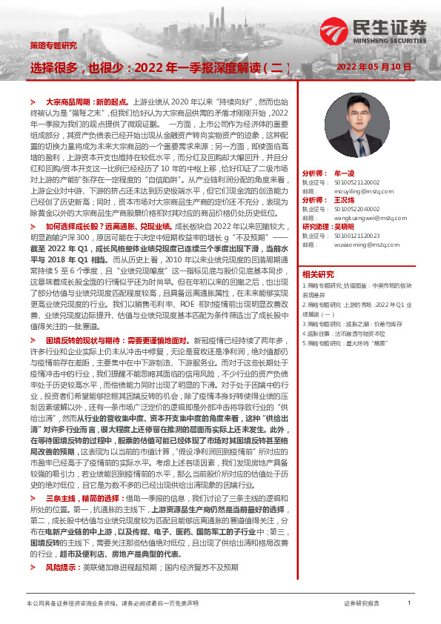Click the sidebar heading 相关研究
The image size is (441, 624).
[x=318, y=273]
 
